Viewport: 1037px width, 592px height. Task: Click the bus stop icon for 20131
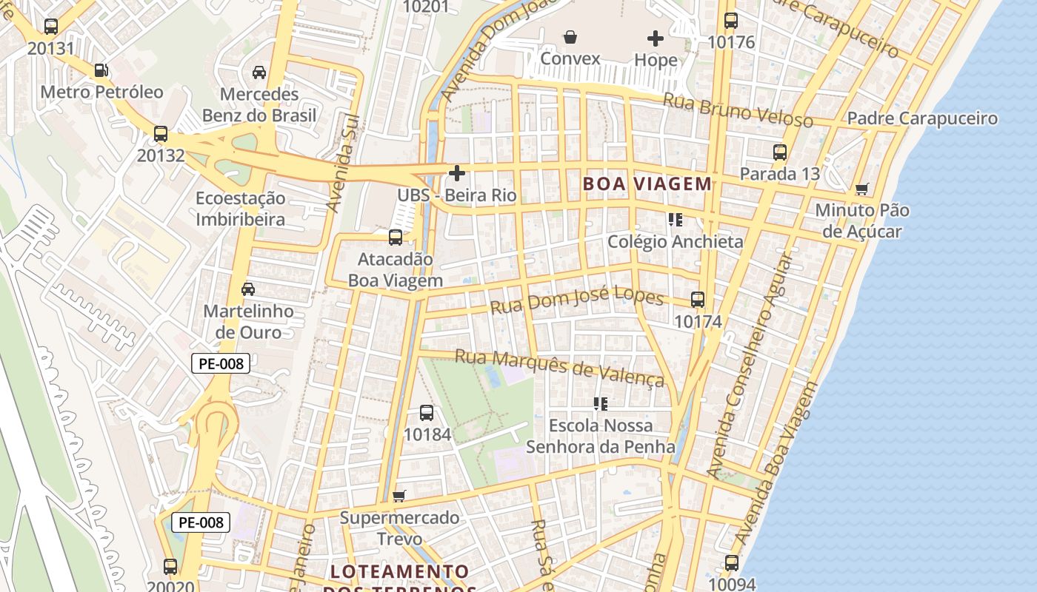coord(50,27)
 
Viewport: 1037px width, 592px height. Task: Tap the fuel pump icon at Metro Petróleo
coord(101,70)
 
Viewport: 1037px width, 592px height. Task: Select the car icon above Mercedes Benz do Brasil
coord(259,72)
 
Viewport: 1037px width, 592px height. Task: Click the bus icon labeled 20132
coord(160,134)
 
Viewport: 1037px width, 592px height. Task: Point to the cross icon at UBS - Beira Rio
coord(457,173)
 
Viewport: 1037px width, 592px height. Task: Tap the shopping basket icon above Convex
coord(570,36)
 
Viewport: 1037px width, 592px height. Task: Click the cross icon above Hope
coord(656,38)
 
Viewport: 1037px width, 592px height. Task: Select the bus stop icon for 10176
coord(731,20)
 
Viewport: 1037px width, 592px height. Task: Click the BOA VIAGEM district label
coord(647,184)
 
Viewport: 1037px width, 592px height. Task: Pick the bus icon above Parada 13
coord(779,152)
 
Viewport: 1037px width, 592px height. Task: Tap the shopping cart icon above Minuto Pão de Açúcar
coord(861,189)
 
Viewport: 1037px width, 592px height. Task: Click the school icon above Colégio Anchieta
coord(675,220)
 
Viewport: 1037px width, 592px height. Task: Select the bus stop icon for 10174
coord(698,300)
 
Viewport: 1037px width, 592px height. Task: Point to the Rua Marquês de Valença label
coord(559,368)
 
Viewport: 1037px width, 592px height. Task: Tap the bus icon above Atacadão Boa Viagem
coord(396,238)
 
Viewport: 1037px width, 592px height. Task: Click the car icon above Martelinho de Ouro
coord(248,289)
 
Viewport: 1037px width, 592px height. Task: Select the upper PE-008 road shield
coord(221,363)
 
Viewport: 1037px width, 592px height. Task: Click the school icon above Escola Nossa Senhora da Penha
coord(601,404)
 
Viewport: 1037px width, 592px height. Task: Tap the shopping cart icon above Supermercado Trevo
coord(399,496)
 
